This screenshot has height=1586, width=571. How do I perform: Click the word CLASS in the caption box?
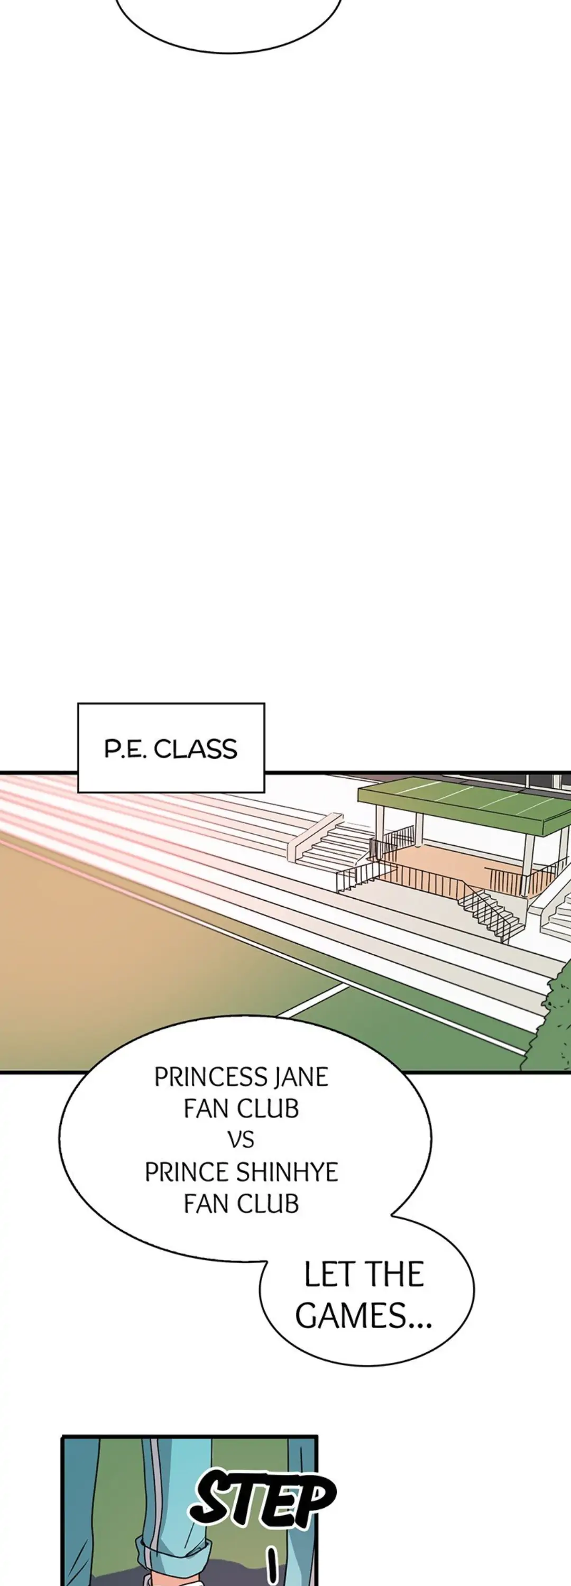[x=195, y=749]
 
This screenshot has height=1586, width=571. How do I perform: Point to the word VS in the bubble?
[x=241, y=1140]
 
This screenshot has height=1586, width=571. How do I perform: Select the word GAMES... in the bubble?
[x=363, y=1316]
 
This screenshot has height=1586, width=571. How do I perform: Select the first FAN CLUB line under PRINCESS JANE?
[x=241, y=1108]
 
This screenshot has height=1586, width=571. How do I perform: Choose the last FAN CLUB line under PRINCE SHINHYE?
[x=241, y=1204]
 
